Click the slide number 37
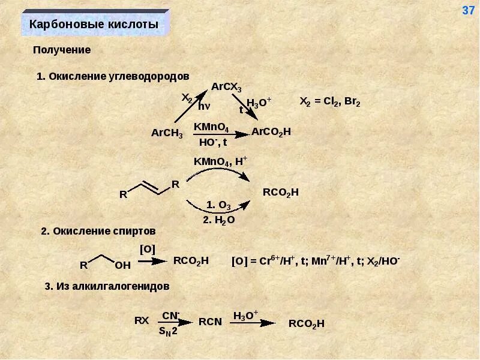coord(468,11)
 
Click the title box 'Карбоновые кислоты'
coord(94,25)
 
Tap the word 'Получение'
coord(62,50)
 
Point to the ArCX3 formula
coord(226,87)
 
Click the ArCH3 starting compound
coord(167,133)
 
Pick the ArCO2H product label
coord(271,131)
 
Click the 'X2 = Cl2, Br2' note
coord(329,101)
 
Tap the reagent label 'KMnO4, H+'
coord(220,161)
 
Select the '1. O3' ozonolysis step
coord(218,205)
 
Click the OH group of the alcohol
coord(122,264)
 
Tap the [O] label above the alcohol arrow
coord(147,248)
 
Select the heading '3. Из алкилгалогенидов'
coord(107,286)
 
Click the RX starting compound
coord(141,320)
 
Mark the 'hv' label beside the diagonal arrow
coord(204,106)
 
